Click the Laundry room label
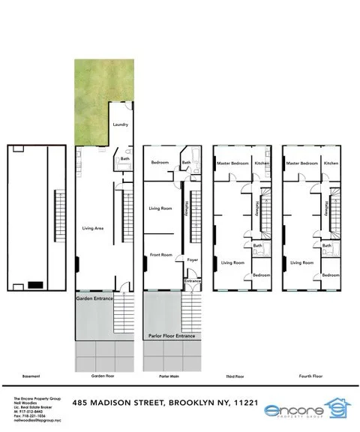120,124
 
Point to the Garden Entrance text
95,298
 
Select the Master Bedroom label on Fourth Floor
302,163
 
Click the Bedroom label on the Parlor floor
160,163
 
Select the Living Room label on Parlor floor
161,208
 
